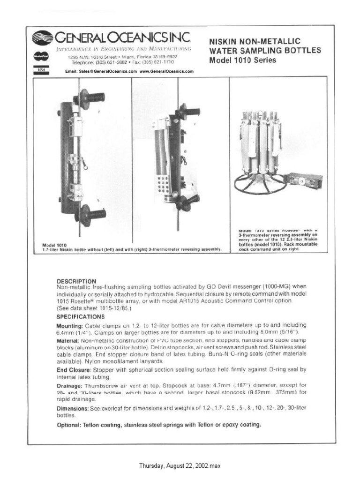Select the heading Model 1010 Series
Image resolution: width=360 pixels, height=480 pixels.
tap(242, 60)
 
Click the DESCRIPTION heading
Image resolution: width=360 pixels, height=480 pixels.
tap(76, 281)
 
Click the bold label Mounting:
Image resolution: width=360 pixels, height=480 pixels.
tap(69, 325)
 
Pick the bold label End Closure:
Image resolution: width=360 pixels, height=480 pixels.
tap(72, 369)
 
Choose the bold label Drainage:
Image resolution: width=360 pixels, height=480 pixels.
tap(71, 384)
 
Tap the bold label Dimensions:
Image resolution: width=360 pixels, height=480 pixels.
tap(73, 408)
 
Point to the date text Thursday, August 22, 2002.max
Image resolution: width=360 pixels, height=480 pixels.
tap(180, 466)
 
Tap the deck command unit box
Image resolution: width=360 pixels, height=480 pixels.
tap(304, 180)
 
